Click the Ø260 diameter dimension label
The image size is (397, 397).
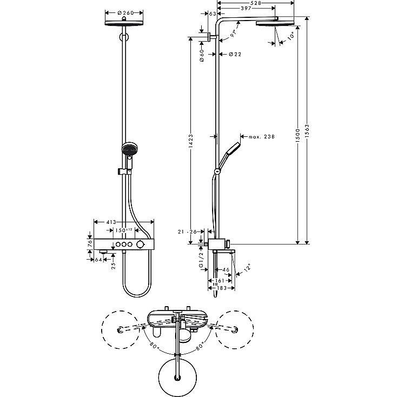click(125, 12)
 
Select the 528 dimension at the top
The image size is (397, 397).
click(256, 3)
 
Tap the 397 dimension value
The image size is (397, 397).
click(246, 8)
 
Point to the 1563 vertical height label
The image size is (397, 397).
click(307, 131)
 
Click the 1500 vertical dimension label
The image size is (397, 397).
click(297, 135)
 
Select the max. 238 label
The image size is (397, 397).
click(262, 137)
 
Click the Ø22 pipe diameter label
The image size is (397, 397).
click(235, 54)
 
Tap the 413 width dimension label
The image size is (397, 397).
click(111, 222)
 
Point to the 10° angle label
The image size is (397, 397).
click(291, 36)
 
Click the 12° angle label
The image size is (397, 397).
click(247, 268)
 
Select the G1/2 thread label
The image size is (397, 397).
click(201, 260)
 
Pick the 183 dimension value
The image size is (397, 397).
click(222, 288)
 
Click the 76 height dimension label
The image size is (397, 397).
click(89, 243)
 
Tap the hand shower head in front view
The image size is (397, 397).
click(129, 149)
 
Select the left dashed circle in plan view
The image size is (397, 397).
click(120, 330)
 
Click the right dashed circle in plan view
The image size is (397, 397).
click(234, 330)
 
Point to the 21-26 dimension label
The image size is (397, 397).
click(187, 231)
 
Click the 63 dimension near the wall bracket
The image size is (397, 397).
click(213, 14)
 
